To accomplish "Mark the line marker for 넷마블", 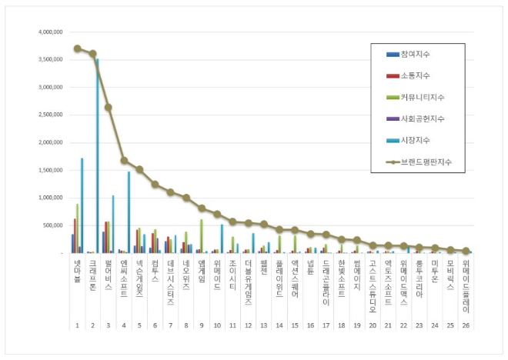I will (77, 48).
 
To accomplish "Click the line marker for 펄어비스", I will (109, 108).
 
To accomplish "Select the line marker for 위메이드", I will (218, 214).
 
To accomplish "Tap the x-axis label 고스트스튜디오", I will (373, 285).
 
